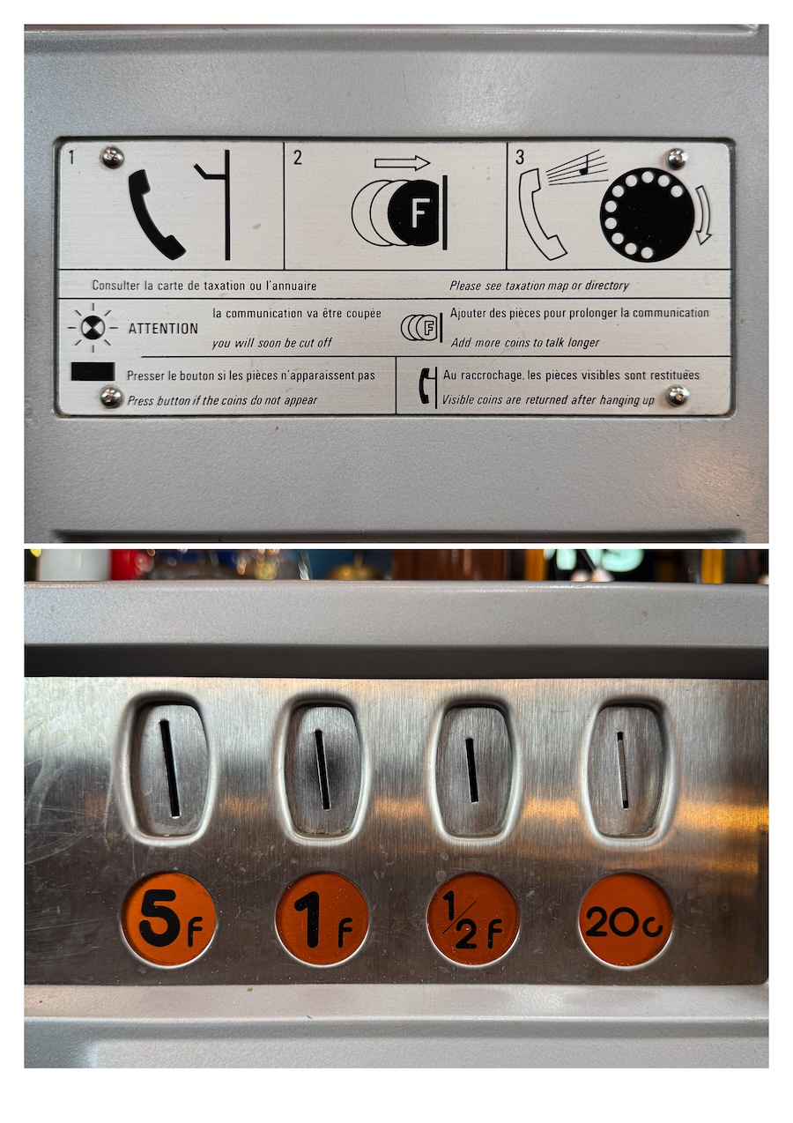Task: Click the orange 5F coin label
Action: click(x=168, y=919)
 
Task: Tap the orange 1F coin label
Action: click(x=322, y=919)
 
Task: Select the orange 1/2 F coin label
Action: click(x=472, y=919)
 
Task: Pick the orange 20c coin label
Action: click(x=625, y=919)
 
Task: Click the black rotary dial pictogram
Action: click(x=647, y=214)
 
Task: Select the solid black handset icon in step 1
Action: click(x=155, y=214)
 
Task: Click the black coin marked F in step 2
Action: click(x=414, y=212)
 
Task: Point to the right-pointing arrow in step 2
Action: click(x=402, y=163)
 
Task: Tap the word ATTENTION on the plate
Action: click(x=163, y=329)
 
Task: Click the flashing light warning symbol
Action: click(x=93, y=329)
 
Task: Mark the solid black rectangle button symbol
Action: click(x=93, y=371)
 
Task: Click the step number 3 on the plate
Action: click(x=519, y=157)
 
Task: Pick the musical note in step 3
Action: click(x=583, y=167)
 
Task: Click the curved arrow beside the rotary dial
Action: click(x=704, y=214)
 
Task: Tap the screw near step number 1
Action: click(x=112, y=157)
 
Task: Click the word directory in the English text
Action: click(x=606, y=286)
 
